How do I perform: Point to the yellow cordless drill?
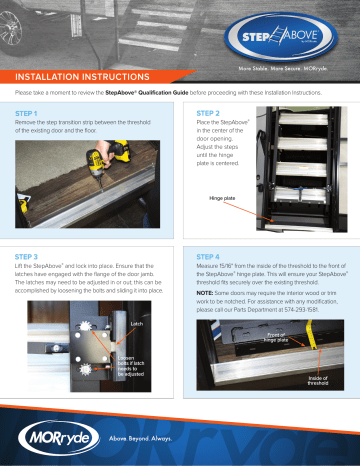coord(107,169)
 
